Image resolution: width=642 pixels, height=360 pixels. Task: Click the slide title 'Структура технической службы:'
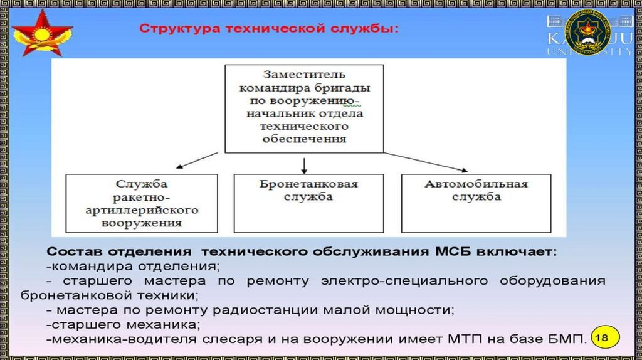tap(268, 29)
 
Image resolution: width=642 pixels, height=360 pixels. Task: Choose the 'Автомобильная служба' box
tap(476, 203)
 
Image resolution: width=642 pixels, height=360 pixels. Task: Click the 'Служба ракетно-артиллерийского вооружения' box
tap(142, 203)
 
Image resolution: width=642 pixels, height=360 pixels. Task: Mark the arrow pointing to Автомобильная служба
tap(426, 161)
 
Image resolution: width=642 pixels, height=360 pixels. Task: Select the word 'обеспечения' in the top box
tap(304, 139)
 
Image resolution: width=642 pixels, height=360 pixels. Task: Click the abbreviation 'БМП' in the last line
tap(569, 339)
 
